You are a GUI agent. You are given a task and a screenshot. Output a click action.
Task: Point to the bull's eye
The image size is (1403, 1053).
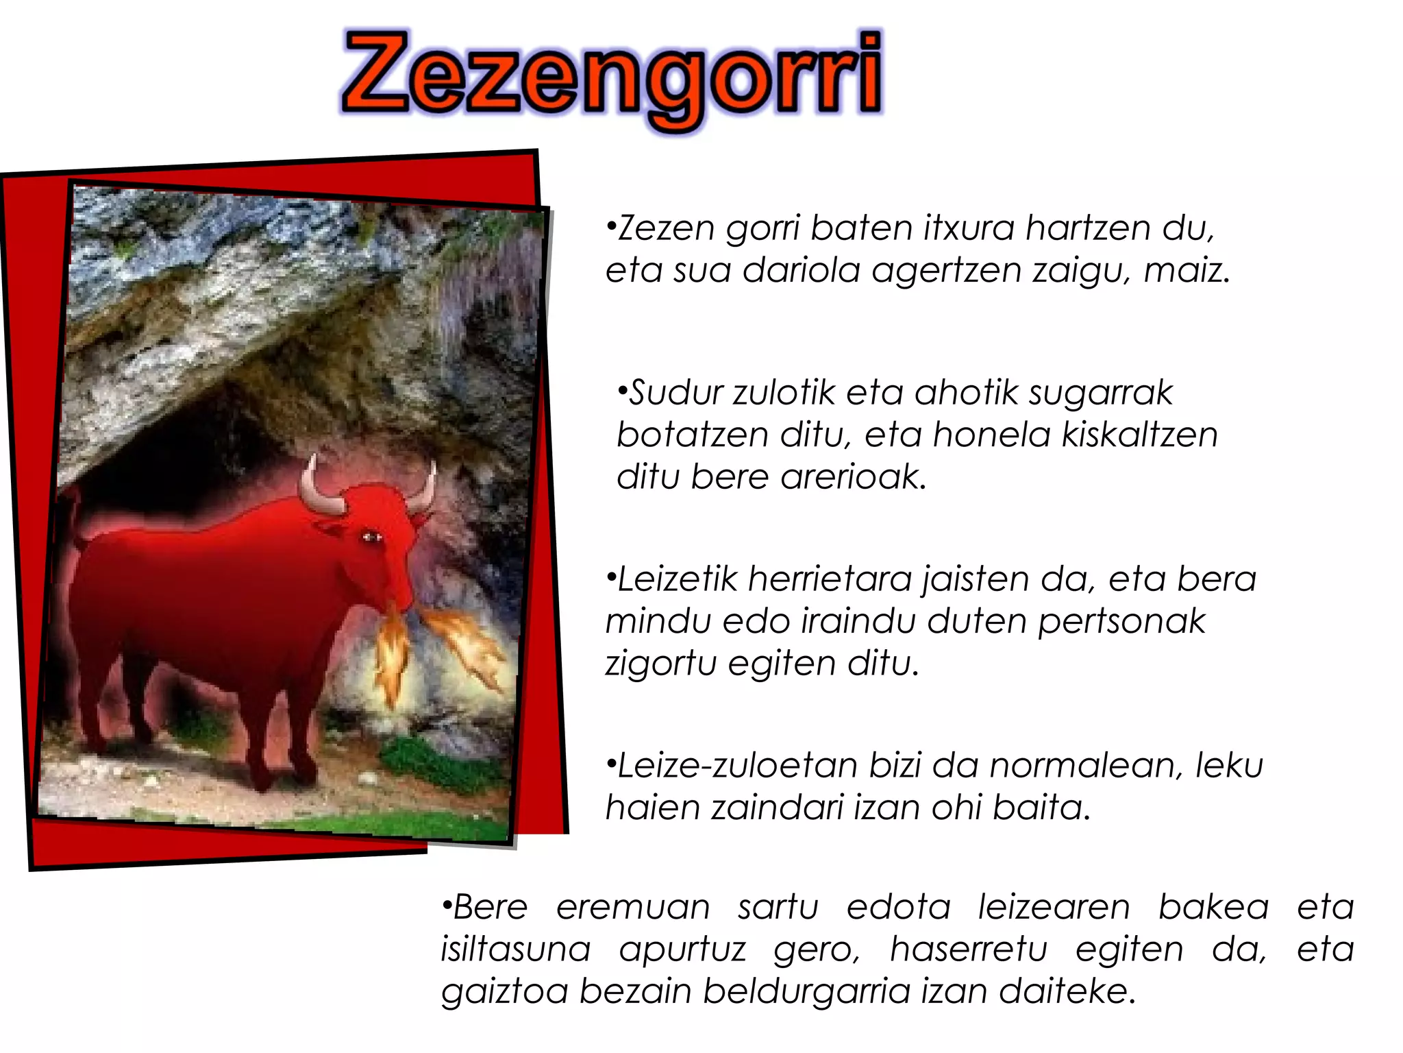pyautogui.click(x=371, y=537)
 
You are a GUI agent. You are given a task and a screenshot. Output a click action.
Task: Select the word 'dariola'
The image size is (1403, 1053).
pyautogui.click(x=801, y=270)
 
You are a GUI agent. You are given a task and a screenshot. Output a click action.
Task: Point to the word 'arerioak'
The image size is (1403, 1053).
pyautogui.click(x=852, y=477)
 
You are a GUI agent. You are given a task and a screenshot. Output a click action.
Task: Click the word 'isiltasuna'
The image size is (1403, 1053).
pyautogui.click(x=515, y=950)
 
